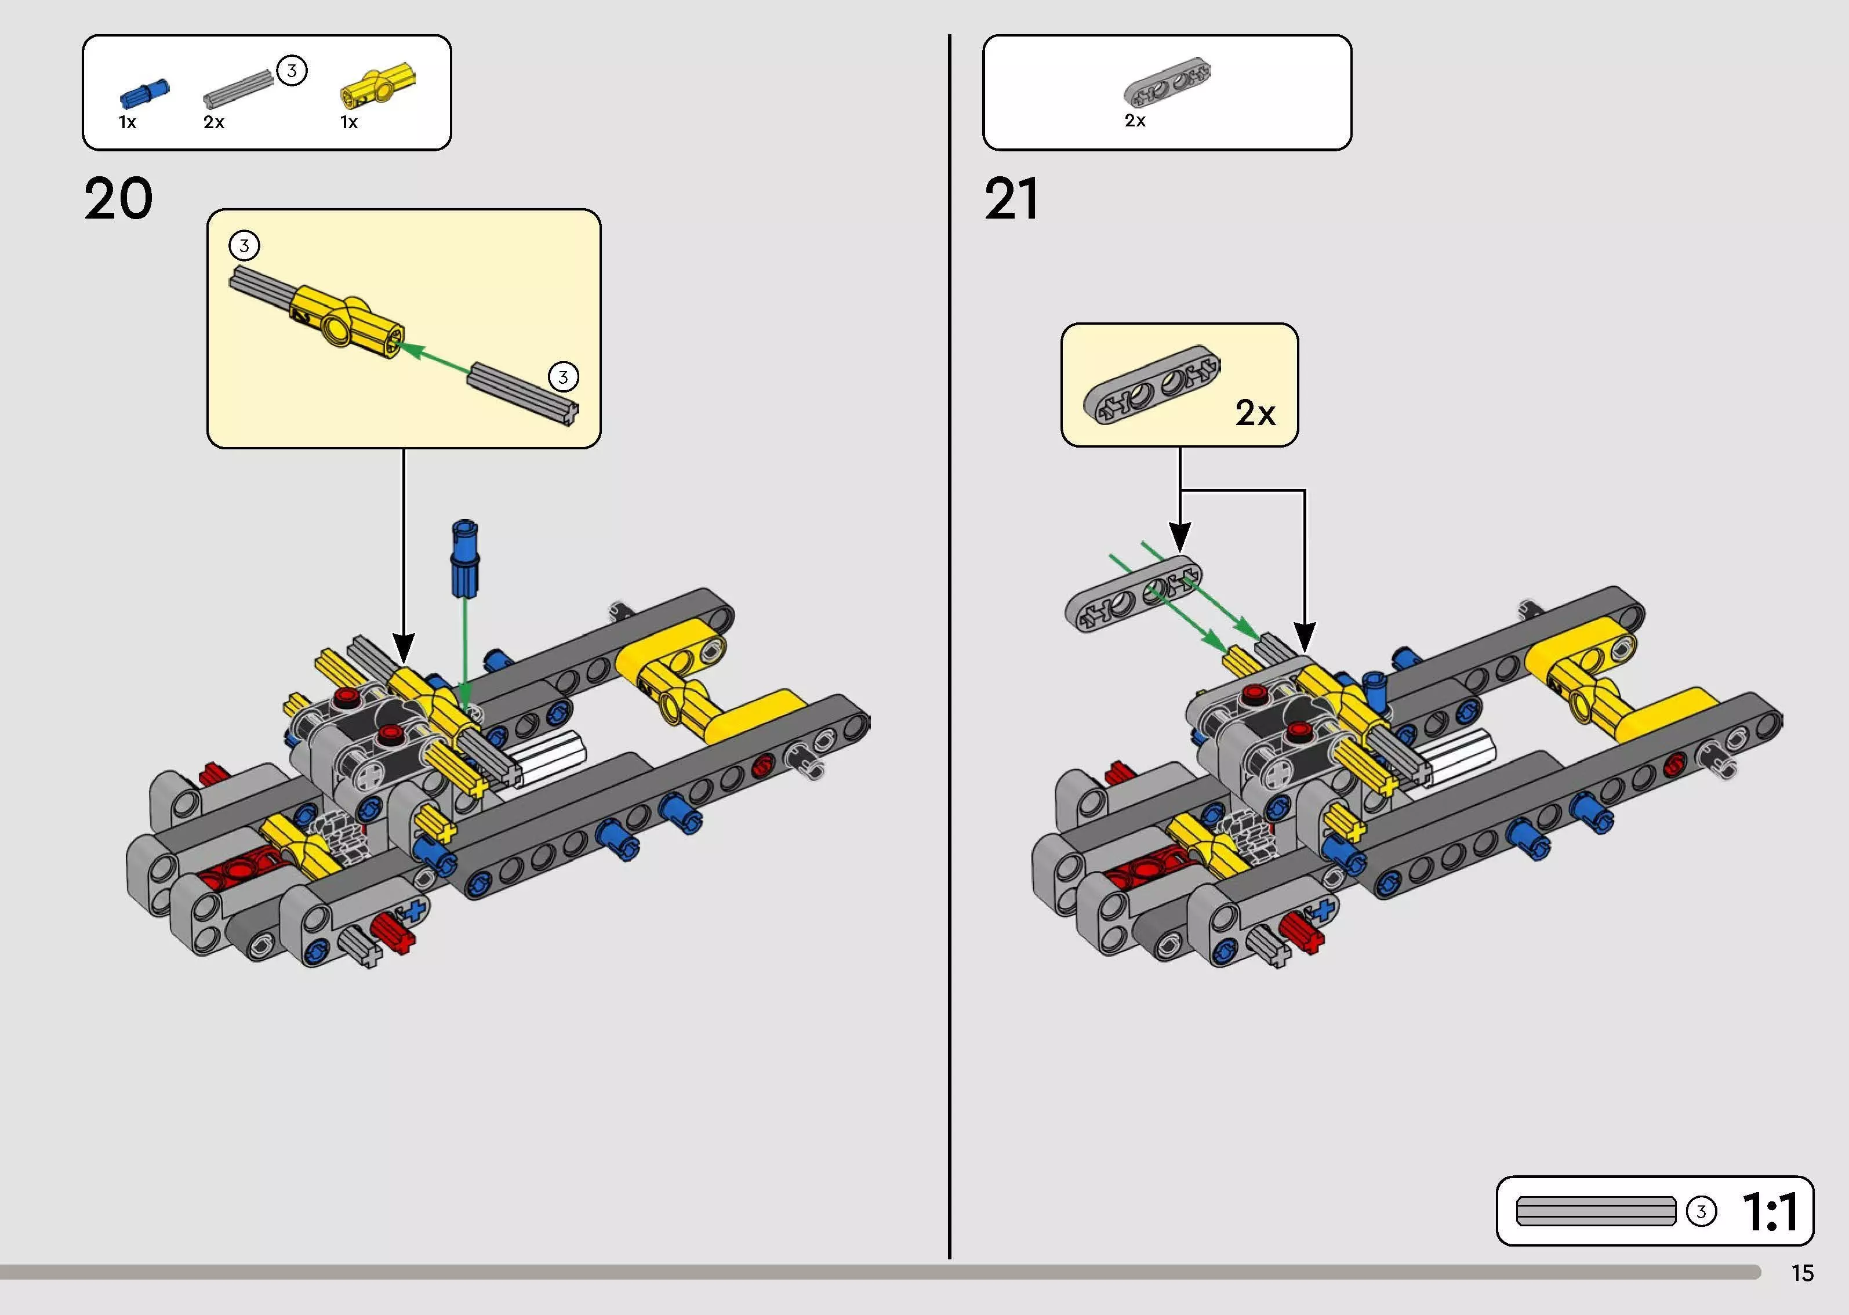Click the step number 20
pos(118,199)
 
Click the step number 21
pos(1011,199)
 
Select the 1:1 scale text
pos(1771,1211)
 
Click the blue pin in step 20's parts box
pos(144,94)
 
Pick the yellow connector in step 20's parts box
pos(378,85)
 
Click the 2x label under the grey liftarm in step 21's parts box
pos(1135,121)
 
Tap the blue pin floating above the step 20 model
pos(464,559)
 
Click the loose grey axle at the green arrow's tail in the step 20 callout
pos(523,394)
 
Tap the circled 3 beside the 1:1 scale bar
pos(1701,1211)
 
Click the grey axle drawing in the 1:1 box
pos(1596,1211)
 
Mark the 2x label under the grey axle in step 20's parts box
pos(214,122)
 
